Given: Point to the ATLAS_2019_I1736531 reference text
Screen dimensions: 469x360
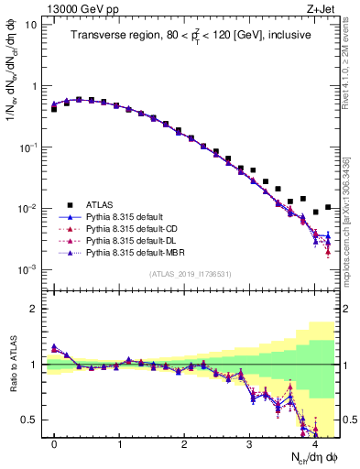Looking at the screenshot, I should point(191,273).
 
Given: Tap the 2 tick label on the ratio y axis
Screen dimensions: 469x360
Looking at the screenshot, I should point(33,309).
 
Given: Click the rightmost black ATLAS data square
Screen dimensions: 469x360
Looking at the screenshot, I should point(328,207).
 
